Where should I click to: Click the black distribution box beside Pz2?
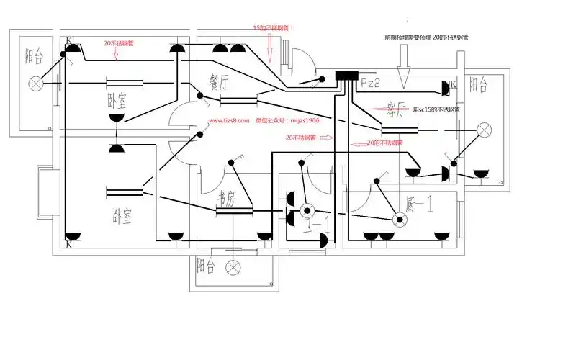pyautogui.click(x=348, y=76)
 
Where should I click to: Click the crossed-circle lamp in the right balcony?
pyautogui.click(x=485, y=130)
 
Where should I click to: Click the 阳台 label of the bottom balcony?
pyautogui.click(x=205, y=266)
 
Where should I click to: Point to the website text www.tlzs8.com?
pyautogui.click(x=229, y=121)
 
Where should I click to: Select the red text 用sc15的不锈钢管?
pyautogui.click(x=439, y=110)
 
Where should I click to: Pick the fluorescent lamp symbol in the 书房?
pyautogui.click(x=236, y=210)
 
